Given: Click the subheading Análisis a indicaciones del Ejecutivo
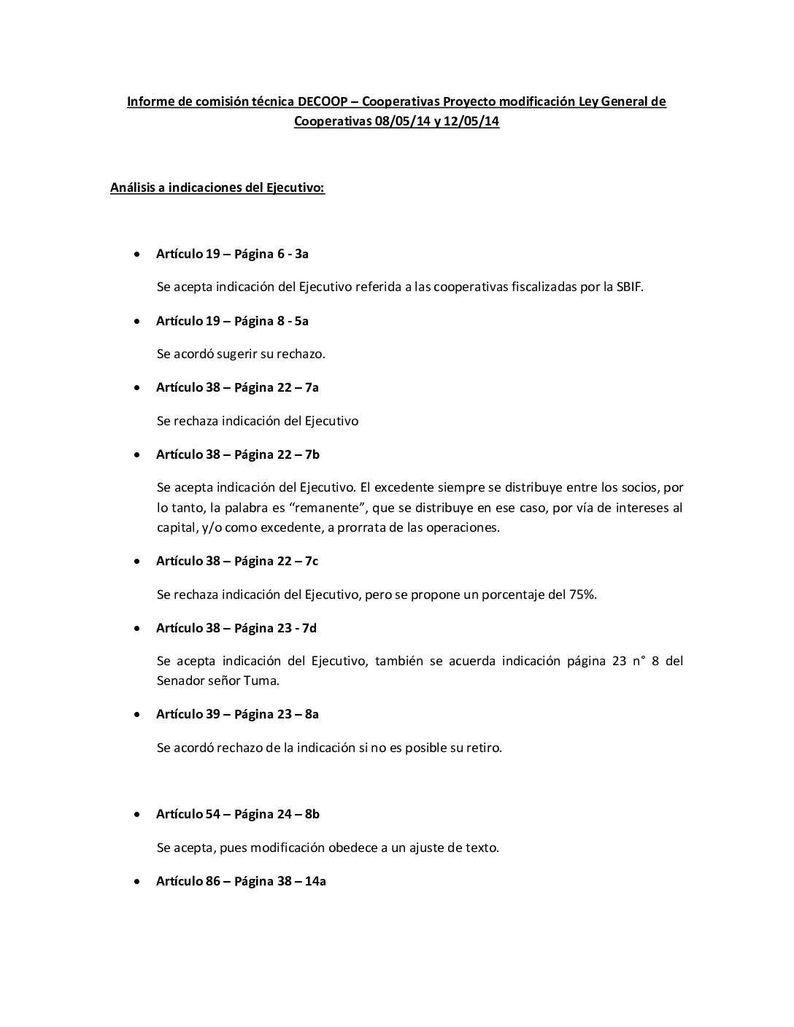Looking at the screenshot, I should tap(217, 188).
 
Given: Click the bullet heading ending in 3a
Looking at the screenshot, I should tap(232, 254).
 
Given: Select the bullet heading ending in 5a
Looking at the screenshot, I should tap(232, 321).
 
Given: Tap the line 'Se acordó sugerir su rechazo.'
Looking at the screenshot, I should tap(241, 354).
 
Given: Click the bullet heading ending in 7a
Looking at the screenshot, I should tap(237, 388).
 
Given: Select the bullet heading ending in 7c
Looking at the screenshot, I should tap(237, 561).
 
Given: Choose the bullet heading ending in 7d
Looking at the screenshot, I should tap(236, 628).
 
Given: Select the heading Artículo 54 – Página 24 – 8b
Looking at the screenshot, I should tap(237, 814).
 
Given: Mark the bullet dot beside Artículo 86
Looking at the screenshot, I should tap(137, 882).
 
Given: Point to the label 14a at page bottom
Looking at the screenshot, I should tap(315, 881).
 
